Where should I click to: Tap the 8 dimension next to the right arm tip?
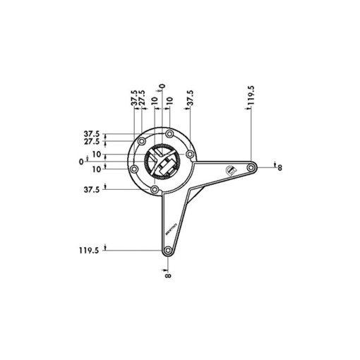[x=280, y=167]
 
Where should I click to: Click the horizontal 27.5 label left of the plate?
[x=92, y=142]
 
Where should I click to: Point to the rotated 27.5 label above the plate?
[x=142, y=99]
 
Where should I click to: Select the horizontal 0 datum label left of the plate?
[x=81, y=161]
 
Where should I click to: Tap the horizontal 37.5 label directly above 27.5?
[x=92, y=134]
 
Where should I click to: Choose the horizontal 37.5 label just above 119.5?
[x=92, y=190]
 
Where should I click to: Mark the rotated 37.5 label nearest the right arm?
[x=189, y=99]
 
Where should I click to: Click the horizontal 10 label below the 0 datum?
[x=97, y=167]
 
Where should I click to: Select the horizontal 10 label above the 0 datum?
[x=97, y=155]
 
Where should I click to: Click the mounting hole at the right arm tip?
[x=251, y=167]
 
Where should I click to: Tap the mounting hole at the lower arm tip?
[x=167, y=251]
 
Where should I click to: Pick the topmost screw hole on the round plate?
[x=169, y=135]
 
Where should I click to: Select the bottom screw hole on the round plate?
[x=154, y=189]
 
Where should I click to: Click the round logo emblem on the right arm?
[x=229, y=170]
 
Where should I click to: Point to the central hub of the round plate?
[x=162, y=162]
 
